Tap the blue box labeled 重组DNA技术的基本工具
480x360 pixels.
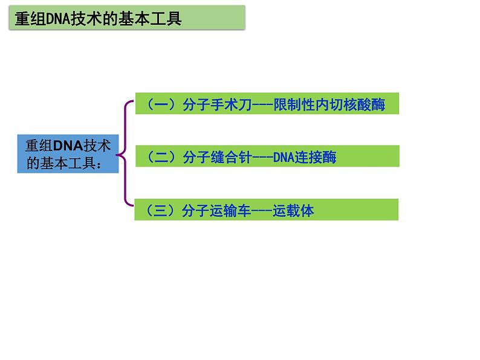point(68,154)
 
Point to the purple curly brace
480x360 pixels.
point(125,154)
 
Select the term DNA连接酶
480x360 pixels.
point(305,158)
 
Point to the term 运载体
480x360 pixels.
point(293,211)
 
